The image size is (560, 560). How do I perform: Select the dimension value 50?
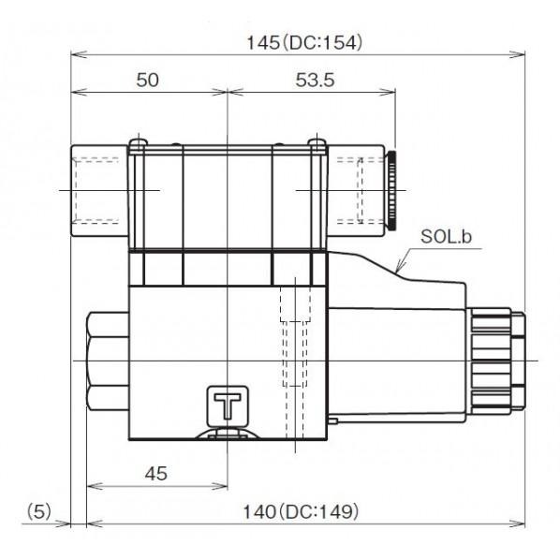pos(147,81)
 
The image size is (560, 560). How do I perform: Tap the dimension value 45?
pos(156,474)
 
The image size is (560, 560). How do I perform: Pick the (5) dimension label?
pos(38,511)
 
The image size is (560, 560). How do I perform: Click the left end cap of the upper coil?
pos(97,190)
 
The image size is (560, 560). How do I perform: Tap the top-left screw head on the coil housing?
pos(140,143)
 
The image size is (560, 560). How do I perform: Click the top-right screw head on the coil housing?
pos(315,143)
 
